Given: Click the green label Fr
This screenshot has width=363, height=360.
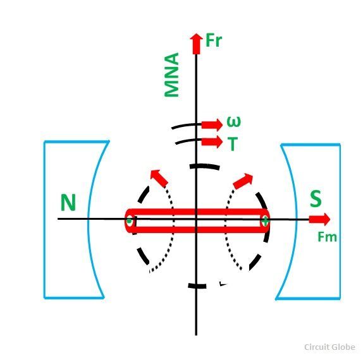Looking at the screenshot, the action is click(214, 40).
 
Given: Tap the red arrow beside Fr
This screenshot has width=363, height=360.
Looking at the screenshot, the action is click(196, 44).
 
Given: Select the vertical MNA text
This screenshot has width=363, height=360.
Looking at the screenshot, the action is click(171, 75).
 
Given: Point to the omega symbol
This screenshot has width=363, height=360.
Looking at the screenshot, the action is click(233, 122).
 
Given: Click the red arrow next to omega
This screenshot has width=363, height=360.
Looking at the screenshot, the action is click(212, 125).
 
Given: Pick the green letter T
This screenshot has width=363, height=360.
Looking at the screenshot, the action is click(233, 144).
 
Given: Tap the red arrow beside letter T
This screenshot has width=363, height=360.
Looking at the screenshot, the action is click(212, 141).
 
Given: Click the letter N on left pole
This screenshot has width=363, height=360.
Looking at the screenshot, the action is click(68, 203).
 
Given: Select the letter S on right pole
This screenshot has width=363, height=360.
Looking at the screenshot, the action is click(316, 198).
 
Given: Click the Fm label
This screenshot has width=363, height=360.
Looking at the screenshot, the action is click(327, 237).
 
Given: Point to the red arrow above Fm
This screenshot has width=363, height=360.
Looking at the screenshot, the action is click(319, 219).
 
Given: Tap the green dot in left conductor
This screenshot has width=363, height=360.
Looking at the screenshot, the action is click(130, 221).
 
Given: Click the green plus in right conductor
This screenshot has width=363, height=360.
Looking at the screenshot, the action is click(266, 221).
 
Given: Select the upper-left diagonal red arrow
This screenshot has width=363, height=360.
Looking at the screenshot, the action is click(159, 178).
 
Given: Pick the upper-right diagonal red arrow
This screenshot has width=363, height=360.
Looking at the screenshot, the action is click(243, 181).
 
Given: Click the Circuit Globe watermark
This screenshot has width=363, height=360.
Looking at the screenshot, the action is click(329, 347).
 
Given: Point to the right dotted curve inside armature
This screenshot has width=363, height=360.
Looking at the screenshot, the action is click(225, 228).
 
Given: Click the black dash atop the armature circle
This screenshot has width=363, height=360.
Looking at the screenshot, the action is click(204, 167).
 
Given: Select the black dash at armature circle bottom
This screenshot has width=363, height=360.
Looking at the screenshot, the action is click(197, 285).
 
